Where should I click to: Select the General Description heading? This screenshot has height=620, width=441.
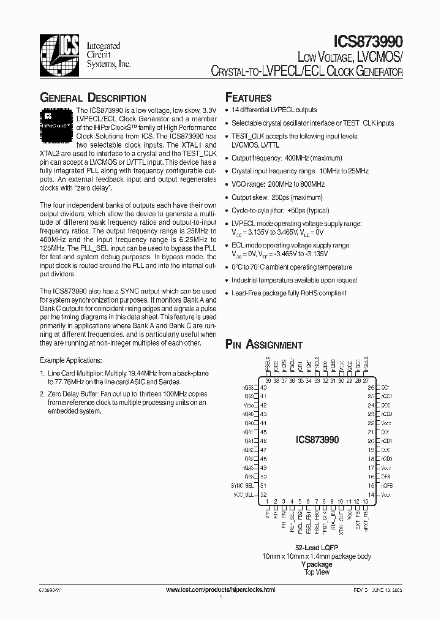92,98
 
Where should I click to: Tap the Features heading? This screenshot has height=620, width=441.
248,98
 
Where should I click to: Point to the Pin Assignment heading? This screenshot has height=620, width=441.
263,345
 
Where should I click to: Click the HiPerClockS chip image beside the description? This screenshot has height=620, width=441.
56,119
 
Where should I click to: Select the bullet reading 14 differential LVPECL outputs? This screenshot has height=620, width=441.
274,110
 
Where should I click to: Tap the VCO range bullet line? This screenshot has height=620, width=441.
277,184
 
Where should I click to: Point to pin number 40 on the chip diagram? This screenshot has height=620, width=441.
263,387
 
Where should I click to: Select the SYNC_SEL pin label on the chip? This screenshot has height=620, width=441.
243,485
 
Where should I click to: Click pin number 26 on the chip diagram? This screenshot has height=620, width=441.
371,387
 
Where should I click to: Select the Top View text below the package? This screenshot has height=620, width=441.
316,572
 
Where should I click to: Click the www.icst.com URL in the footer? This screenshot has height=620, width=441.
221,589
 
